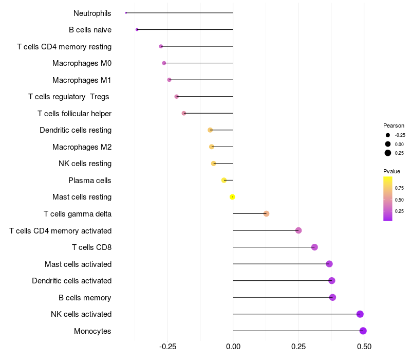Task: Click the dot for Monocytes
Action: tap(363, 331)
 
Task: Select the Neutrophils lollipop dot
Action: tap(126, 13)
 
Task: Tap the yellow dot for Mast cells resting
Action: tap(233, 197)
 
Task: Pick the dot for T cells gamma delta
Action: tap(266, 213)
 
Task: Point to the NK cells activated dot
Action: tap(360, 314)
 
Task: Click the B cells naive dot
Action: tap(137, 29)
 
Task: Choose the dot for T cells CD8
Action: tap(314, 247)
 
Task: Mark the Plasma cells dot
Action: tap(224, 180)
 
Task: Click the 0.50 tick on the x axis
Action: tap(364, 347)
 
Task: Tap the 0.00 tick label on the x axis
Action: tap(233, 347)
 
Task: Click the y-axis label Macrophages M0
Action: tap(82, 63)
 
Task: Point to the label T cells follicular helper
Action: tap(74, 113)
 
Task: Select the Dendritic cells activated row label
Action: tap(71, 281)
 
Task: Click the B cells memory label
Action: tap(85, 298)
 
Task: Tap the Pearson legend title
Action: tap(394, 125)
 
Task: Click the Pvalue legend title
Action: tap(391, 171)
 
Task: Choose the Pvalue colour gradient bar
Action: tap(388, 199)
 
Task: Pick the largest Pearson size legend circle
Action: tap(388, 153)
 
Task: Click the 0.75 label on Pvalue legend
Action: tap(399, 188)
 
